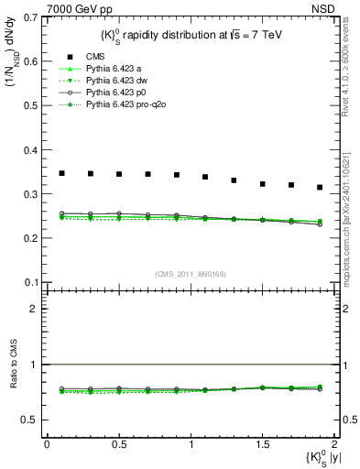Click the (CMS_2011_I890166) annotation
tap(189, 272)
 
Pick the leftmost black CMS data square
tap(61, 173)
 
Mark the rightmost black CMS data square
tap(320, 188)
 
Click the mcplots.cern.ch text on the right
tap(351, 220)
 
